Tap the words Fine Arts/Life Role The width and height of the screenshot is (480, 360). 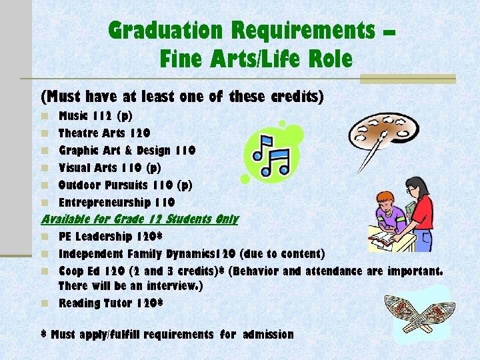tap(255, 60)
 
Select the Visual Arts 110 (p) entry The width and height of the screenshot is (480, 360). tap(110, 168)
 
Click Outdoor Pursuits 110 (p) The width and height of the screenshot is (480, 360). tap(125, 185)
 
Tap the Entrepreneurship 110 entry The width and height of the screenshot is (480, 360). tap(117, 203)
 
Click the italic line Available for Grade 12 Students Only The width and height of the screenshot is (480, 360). tap(139, 219)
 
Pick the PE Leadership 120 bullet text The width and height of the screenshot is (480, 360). tap(111, 237)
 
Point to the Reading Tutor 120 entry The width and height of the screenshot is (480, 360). tap(111, 303)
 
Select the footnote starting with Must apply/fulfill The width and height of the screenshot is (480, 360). tap(167, 334)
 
